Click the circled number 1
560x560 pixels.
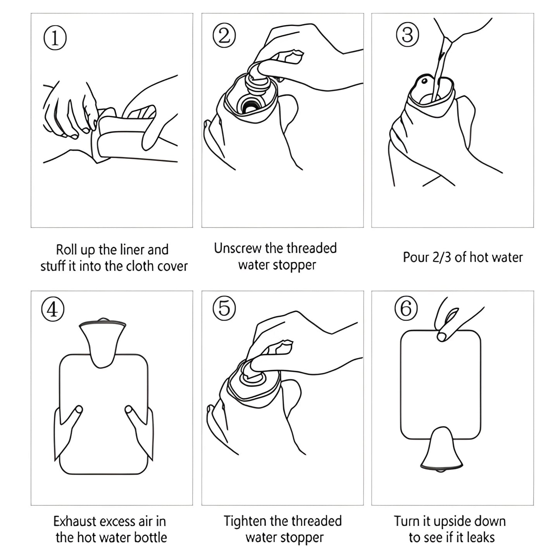pyautogui.click(x=55, y=38)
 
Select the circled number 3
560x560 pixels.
pyautogui.click(x=407, y=34)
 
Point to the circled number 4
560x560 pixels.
pyautogui.click(x=53, y=310)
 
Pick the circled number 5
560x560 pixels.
pyautogui.click(x=224, y=308)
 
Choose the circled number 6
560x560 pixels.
pyautogui.click(x=406, y=309)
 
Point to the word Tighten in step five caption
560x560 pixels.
pyautogui.click(x=245, y=521)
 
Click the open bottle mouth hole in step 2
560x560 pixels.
pyautogui.click(x=251, y=103)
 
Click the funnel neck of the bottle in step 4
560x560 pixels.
pyautogui.click(x=102, y=341)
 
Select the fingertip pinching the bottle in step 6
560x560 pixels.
pyautogui.click(x=441, y=336)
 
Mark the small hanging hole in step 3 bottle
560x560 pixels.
pyautogui.click(x=424, y=81)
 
